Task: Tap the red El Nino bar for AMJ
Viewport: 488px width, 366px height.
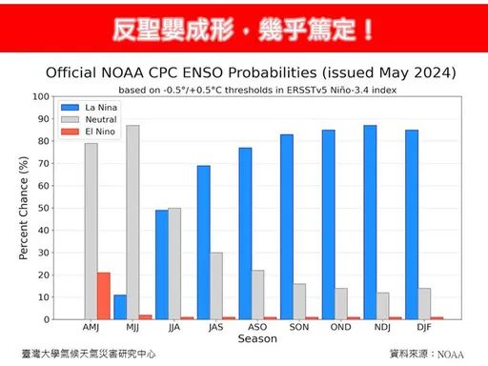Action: (104, 295)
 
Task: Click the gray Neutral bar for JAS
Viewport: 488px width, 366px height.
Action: (216, 286)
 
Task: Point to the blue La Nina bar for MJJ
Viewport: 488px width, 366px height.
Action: (120, 307)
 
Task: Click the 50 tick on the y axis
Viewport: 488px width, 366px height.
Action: (42, 208)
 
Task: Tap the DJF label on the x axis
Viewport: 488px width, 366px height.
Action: (424, 327)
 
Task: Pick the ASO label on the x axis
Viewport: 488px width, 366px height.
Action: (257, 327)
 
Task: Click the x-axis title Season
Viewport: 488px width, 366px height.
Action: (257, 339)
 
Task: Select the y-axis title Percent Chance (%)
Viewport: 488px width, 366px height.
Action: (24, 208)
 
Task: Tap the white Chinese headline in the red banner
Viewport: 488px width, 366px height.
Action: (243, 30)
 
